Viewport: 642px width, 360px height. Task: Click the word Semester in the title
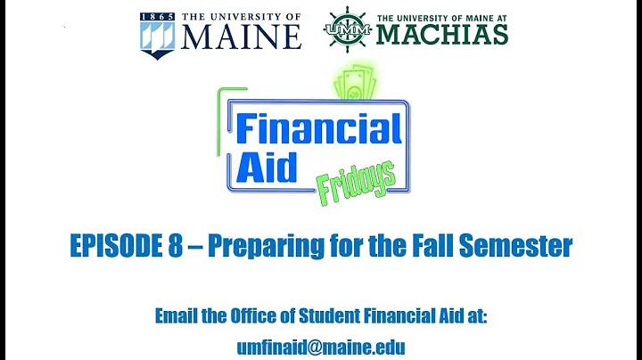[523, 244]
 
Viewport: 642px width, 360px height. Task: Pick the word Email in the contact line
[178, 315]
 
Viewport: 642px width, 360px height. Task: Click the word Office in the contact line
[267, 315]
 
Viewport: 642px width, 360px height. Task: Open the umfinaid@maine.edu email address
[320, 346]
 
